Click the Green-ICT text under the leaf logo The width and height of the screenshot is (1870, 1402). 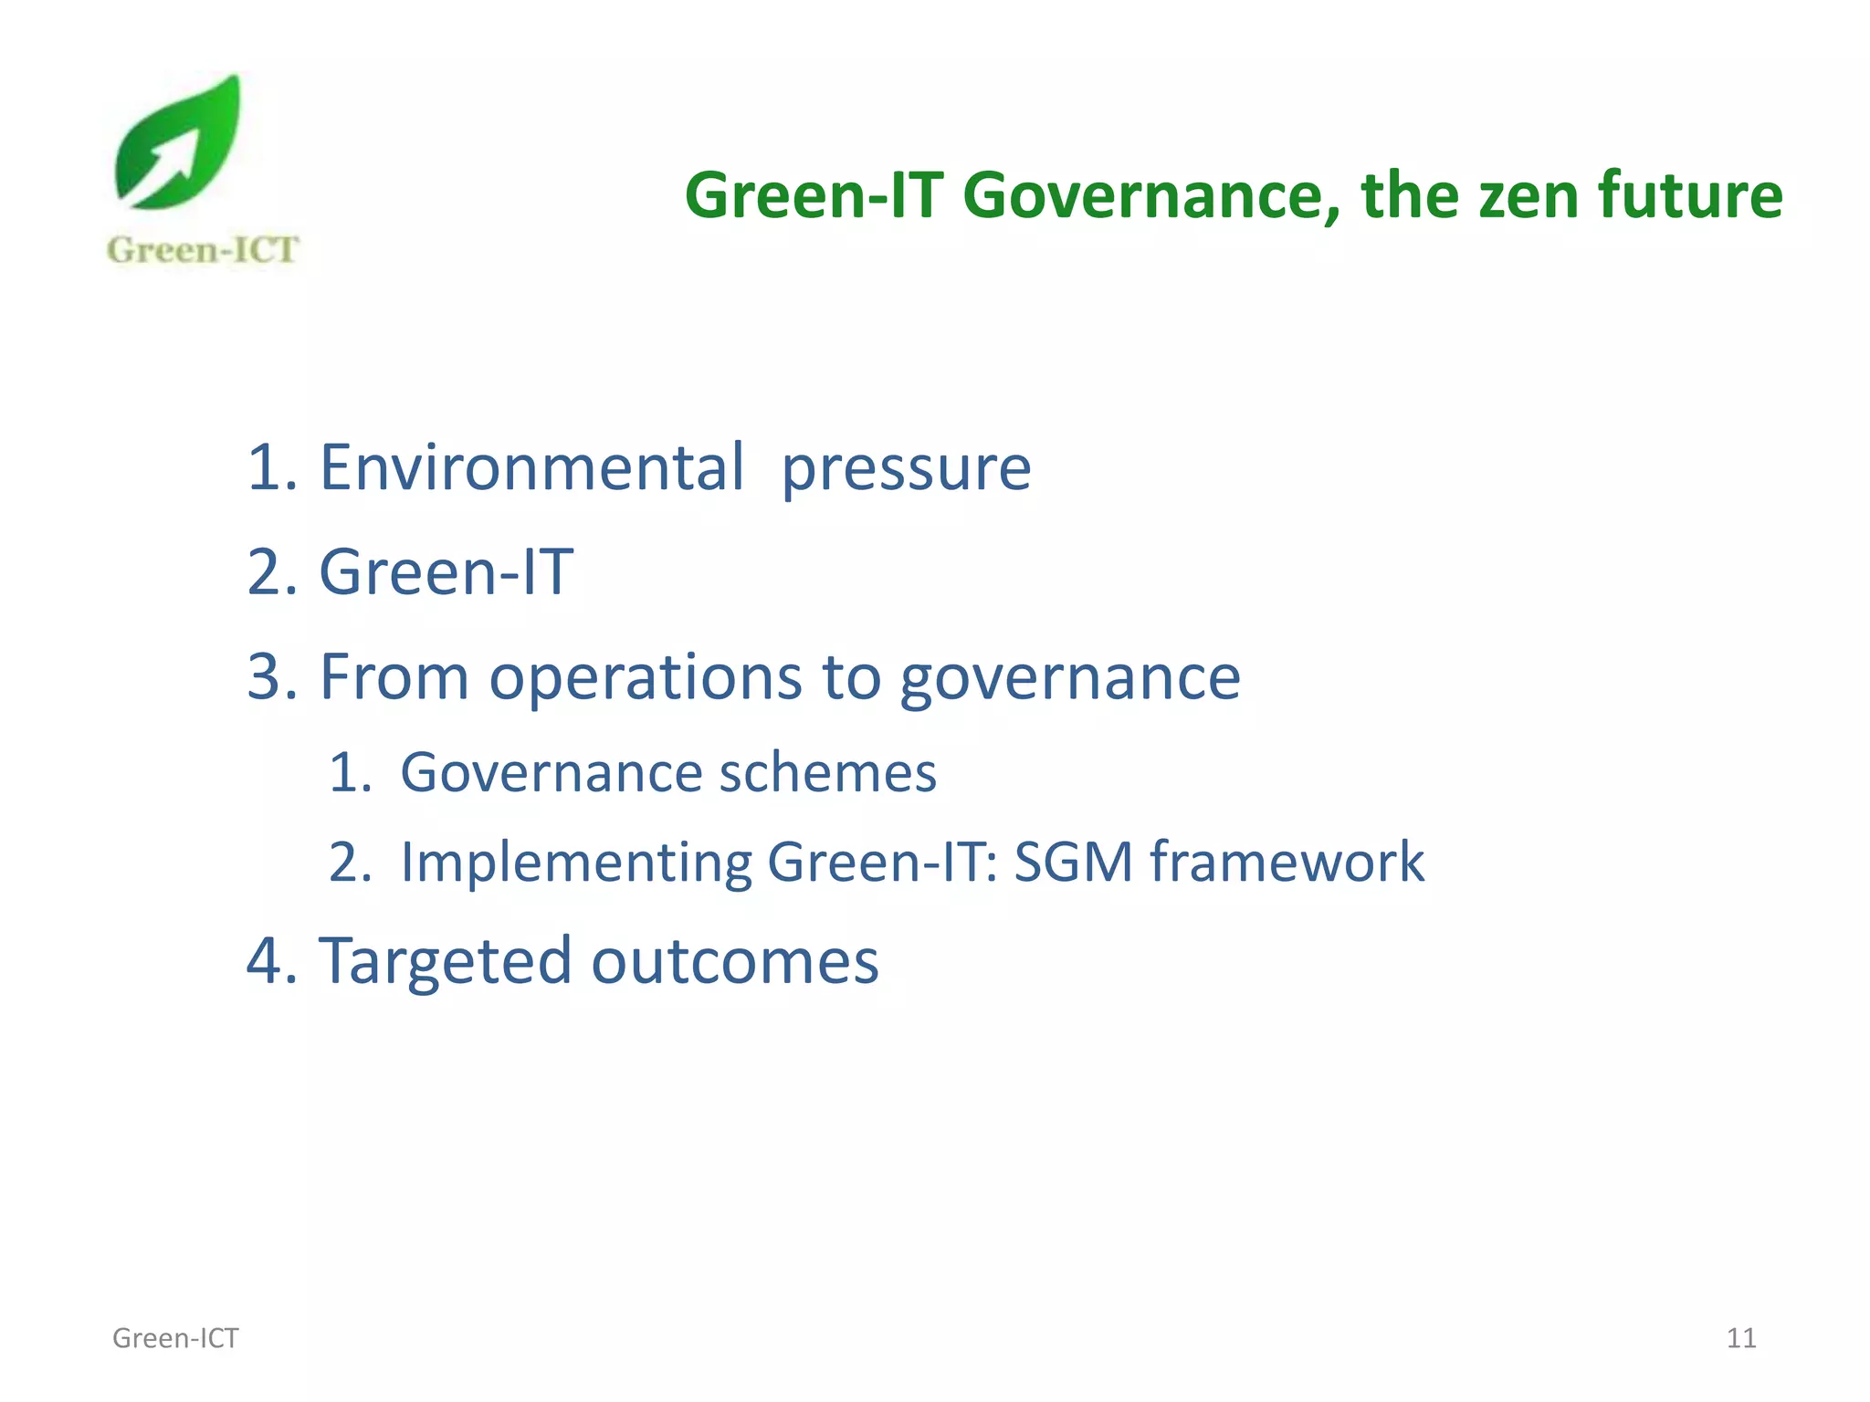(x=202, y=249)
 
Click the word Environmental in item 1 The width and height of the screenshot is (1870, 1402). (x=531, y=467)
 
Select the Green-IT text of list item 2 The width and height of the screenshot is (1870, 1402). (x=446, y=572)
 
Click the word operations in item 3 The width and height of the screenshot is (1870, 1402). (x=646, y=679)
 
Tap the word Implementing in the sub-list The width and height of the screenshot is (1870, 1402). (x=576, y=863)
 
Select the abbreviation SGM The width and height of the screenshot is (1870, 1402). (x=1073, y=862)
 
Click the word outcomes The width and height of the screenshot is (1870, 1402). (x=735, y=962)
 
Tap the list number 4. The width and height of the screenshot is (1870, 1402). (x=265, y=961)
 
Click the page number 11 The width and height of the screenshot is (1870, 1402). (x=1740, y=1338)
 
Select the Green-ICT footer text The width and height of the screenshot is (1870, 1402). (x=175, y=1338)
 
